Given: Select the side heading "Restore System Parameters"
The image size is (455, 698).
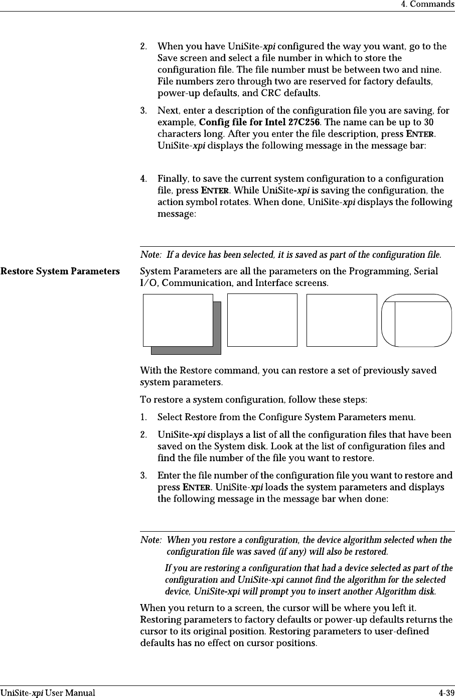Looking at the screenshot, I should click(60, 272).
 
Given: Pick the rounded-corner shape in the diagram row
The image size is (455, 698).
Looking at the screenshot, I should click(416, 321).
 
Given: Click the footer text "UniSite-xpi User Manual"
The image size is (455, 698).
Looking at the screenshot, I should click(48, 693).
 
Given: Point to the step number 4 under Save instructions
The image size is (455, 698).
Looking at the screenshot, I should click(143, 179).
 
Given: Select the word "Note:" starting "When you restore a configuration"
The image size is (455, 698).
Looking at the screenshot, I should click(151, 540).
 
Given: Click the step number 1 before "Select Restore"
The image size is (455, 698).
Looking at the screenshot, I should click(143, 417).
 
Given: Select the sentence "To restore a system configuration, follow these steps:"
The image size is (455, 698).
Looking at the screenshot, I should click(253, 400).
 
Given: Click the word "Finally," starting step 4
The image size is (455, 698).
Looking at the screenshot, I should click(173, 179).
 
